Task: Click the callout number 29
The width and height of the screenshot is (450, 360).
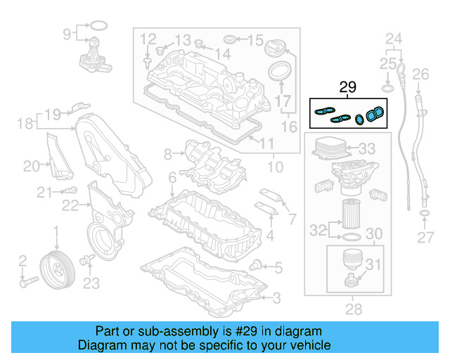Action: (x=348, y=87)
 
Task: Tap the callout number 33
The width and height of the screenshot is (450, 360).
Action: (x=367, y=149)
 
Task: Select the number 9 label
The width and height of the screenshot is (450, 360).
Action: (x=67, y=33)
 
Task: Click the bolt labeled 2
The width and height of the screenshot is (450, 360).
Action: (x=27, y=283)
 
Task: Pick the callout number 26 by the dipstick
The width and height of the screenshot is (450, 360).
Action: (x=420, y=74)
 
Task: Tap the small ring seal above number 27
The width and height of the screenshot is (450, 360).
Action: (x=425, y=213)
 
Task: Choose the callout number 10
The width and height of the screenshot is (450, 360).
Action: (x=275, y=167)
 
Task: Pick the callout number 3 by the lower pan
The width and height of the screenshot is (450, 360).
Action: (x=276, y=298)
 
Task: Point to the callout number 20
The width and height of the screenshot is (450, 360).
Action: (x=32, y=166)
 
